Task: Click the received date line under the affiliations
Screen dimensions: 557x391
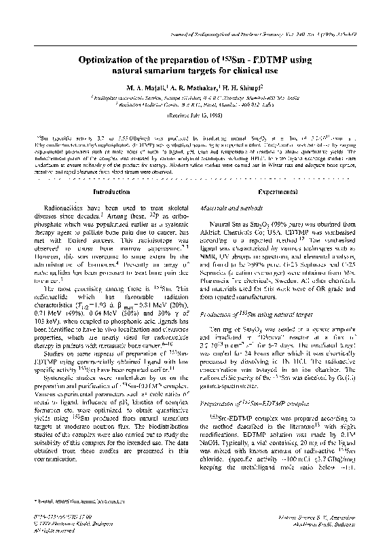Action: click(x=195, y=116)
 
